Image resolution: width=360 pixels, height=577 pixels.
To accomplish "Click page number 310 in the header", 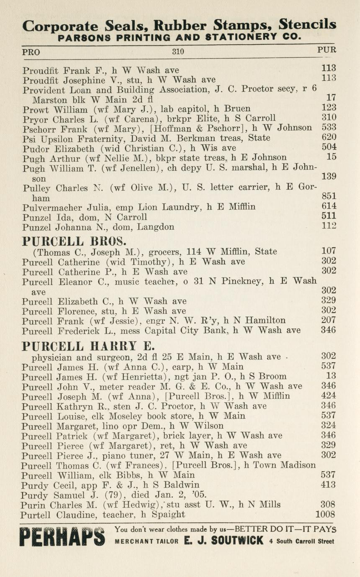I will [178, 52].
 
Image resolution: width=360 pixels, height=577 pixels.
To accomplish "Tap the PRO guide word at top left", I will [31, 52].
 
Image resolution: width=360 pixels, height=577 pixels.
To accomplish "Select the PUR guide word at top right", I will [327, 50].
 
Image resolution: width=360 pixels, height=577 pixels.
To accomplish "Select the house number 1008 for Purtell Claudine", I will [325, 514].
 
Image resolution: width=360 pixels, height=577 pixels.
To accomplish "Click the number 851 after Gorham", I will [329, 196].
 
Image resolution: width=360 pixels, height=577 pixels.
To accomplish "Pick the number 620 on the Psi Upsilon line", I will [329, 137].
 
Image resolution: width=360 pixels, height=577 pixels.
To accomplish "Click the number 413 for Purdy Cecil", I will [329, 485].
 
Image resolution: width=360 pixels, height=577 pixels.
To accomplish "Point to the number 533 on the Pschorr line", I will [329, 127].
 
